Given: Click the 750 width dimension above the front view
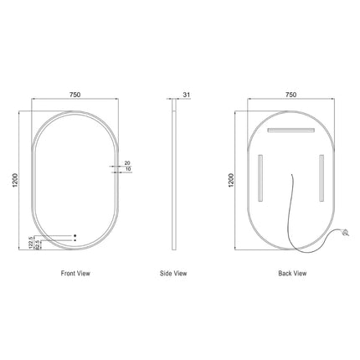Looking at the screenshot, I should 75,95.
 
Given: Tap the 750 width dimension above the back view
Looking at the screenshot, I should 291,95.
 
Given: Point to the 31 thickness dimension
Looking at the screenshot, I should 188,95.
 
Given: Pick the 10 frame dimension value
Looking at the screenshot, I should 127,170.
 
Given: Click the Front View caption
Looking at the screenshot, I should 75,274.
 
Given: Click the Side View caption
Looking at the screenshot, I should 173,274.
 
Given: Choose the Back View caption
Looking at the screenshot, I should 291,274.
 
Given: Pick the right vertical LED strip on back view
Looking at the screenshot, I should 321,175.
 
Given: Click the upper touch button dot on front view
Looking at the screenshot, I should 75,234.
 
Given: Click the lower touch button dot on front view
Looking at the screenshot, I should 75,240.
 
